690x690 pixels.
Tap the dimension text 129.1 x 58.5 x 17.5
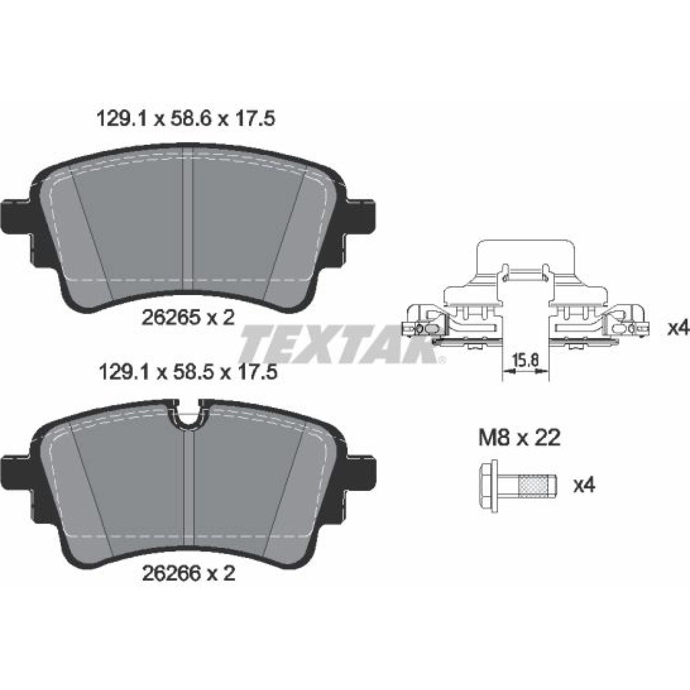[188, 371]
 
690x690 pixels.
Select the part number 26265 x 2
[188, 318]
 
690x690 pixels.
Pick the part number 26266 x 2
[188, 573]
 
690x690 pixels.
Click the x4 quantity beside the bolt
[584, 486]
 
